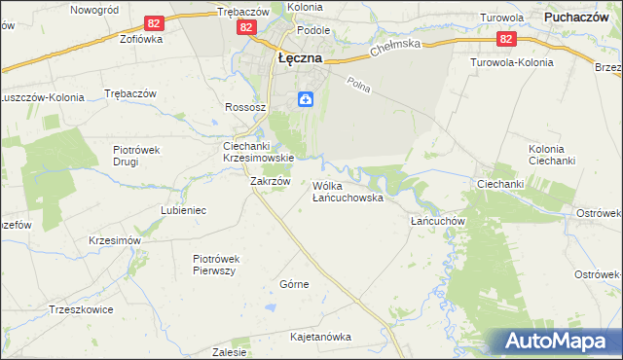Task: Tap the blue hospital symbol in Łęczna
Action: coord(305,98)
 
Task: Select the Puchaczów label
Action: coord(576,17)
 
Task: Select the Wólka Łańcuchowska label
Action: coord(348,191)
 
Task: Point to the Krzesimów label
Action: coord(115,240)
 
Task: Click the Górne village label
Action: coord(294,284)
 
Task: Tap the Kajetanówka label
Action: coord(320,337)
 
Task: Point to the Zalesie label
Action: coord(229,352)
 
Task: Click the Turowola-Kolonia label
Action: coord(511,62)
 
